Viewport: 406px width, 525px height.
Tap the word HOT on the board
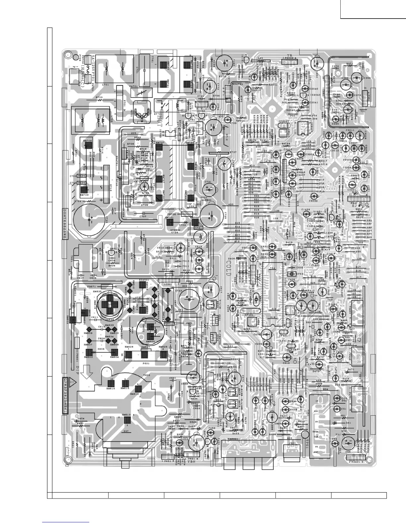(x=159, y=116)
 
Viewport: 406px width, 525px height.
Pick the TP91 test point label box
(x=198, y=228)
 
